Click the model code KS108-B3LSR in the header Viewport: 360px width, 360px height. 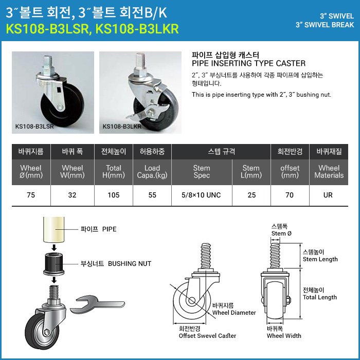coord(47,29)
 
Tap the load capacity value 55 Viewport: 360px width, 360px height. coord(152,195)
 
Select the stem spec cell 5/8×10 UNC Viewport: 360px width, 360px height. coord(201,195)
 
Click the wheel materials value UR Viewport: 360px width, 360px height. coord(328,195)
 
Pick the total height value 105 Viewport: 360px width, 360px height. coord(114,195)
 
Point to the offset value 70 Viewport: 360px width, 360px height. coord(290,195)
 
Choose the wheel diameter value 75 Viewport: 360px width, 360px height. coord(31,195)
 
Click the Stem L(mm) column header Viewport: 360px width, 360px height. coord(251,172)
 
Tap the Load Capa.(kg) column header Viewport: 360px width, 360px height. coord(152,172)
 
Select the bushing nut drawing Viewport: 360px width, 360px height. coord(54,264)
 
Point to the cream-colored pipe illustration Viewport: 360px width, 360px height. coord(54,229)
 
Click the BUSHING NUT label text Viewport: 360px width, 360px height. coord(130,263)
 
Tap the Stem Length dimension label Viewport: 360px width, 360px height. coord(320,259)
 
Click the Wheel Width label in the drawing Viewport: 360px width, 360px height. coord(284,336)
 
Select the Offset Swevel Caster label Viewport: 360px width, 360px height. coord(207,336)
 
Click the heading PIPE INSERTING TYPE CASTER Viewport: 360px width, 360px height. coord(248,63)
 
